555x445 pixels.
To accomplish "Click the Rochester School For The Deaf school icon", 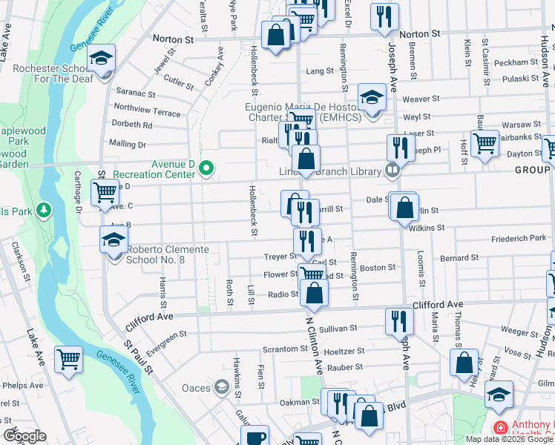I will [x=102, y=59].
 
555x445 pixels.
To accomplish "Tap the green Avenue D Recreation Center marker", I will [x=206, y=171].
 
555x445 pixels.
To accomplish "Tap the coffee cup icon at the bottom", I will [x=256, y=438].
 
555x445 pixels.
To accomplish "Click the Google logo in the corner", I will [x=24, y=437].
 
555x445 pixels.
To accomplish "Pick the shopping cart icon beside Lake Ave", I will [x=68, y=359].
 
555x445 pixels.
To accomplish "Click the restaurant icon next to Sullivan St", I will [x=399, y=320].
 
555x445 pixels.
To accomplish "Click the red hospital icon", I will [x=500, y=429].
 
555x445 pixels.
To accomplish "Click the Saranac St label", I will [x=136, y=94].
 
